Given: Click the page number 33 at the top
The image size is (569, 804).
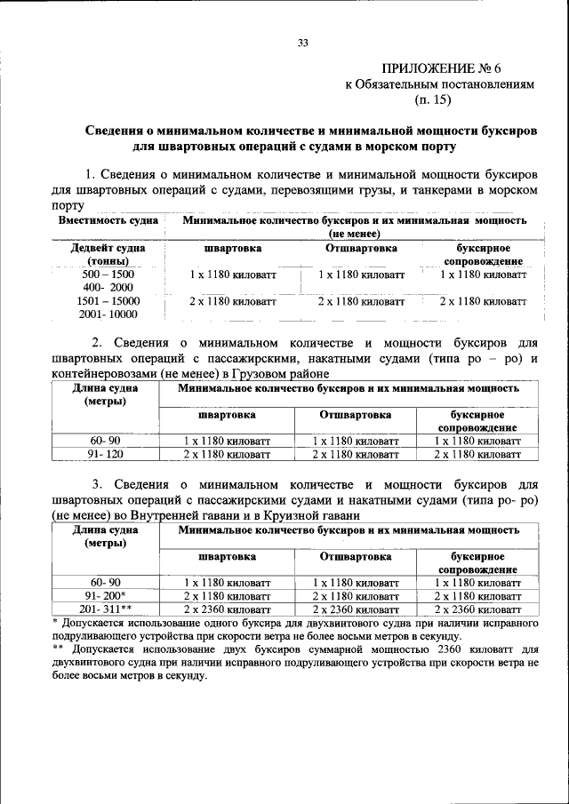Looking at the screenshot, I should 302,43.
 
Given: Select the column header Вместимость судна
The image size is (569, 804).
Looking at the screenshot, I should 108,219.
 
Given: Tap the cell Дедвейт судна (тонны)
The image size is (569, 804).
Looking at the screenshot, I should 108,254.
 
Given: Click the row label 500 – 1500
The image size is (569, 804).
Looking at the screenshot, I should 108,275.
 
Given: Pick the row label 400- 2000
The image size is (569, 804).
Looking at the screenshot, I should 108,289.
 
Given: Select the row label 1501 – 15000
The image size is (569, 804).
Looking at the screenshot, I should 108,302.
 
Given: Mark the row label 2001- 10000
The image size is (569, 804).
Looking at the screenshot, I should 108,314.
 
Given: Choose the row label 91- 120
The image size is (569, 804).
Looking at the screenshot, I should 106,454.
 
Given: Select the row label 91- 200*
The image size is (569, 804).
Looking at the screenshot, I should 106,595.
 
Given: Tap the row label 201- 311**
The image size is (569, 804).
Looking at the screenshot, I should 106,609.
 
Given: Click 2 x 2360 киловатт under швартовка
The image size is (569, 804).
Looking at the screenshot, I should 227,609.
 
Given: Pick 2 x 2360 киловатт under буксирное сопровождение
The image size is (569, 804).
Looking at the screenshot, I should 477,609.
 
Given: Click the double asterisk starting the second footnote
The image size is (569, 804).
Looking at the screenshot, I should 58,648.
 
